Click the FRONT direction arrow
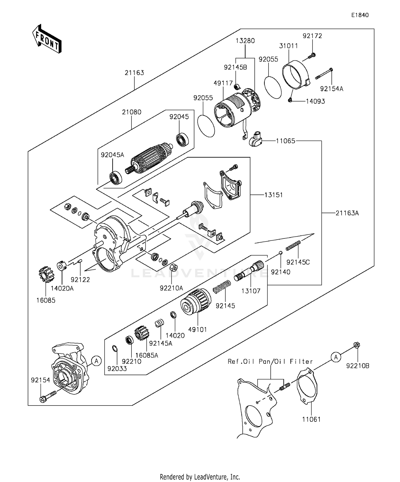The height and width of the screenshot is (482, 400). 47,39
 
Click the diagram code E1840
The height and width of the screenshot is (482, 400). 360,15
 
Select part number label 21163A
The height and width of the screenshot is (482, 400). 347,213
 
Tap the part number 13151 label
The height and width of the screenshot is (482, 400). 274,195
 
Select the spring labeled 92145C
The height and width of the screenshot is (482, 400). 293,245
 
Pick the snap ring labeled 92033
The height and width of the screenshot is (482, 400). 115,349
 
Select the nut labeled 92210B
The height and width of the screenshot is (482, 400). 357,345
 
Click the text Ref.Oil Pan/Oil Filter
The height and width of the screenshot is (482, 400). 270,362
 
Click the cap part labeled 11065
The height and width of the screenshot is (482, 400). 255,139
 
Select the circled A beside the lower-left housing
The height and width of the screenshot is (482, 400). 97,361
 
